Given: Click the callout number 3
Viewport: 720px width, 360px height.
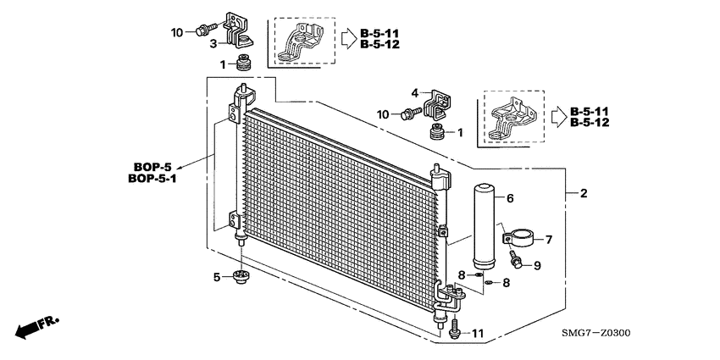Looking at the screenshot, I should [214, 43].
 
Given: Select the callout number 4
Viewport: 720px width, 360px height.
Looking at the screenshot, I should [415, 93].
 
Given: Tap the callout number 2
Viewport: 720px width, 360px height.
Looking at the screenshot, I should [583, 194].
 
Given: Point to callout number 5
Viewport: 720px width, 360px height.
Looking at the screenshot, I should [217, 276].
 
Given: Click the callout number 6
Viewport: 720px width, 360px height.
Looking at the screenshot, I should [510, 199].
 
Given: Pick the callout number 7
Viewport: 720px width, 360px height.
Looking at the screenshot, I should [547, 240].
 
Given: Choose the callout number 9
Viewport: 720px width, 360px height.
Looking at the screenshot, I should [537, 266].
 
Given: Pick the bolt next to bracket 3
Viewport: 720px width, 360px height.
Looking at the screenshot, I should [202, 31].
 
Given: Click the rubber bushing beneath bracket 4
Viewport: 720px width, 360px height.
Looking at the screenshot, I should [438, 134].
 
